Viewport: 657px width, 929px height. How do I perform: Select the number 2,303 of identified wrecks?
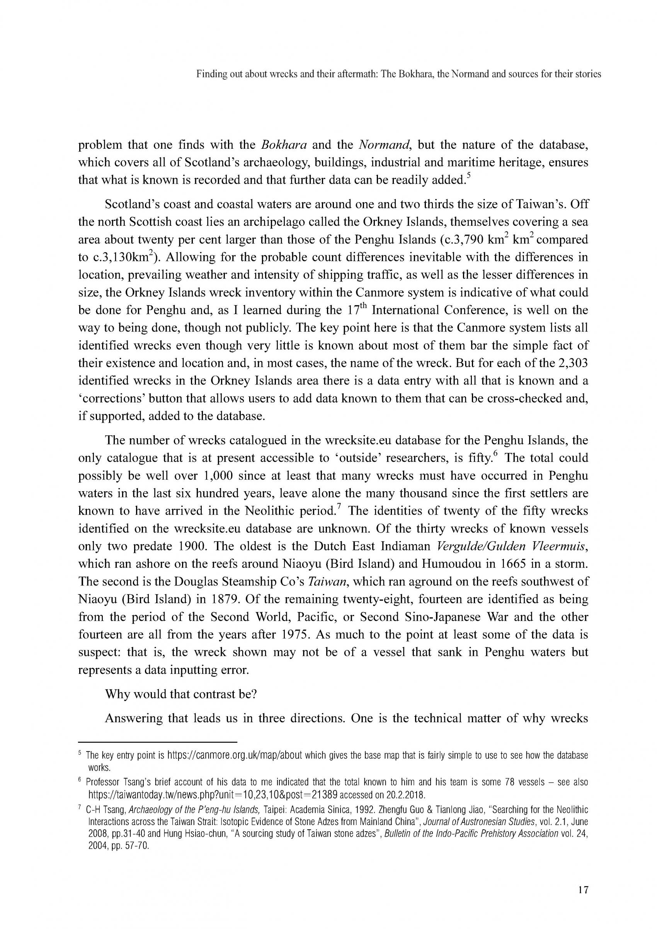point(572,363)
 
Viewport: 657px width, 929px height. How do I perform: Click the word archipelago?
point(311,222)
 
